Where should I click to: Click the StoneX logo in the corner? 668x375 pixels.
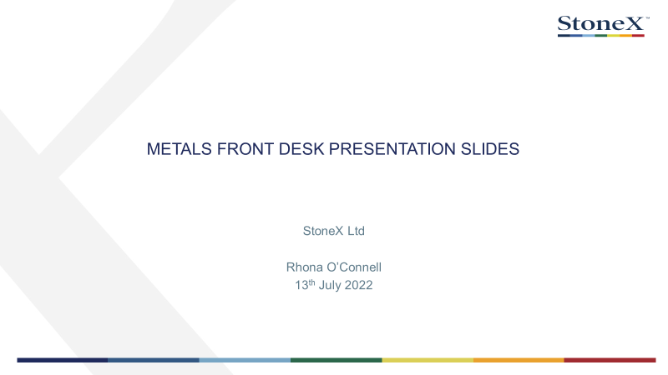point(603,27)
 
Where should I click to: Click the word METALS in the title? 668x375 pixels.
point(179,149)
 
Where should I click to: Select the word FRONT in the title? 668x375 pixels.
point(245,149)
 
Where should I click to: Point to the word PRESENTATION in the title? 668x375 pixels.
point(392,149)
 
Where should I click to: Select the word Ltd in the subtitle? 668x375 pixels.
point(357,231)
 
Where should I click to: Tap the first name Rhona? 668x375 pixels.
point(304,267)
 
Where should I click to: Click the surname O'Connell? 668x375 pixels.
point(354,267)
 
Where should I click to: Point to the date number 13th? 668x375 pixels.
point(305,284)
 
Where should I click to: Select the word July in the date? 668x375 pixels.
point(330,285)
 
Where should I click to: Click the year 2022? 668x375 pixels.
point(359,285)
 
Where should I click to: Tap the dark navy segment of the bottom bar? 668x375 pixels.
point(62,360)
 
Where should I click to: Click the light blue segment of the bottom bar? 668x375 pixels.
point(245,360)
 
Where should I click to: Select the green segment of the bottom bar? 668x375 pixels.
point(337,360)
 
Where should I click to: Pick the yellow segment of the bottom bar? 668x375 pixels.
point(428,360)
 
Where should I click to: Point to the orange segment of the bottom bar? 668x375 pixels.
point(519,360)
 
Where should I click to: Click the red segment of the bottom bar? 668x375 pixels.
point(610,360)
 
